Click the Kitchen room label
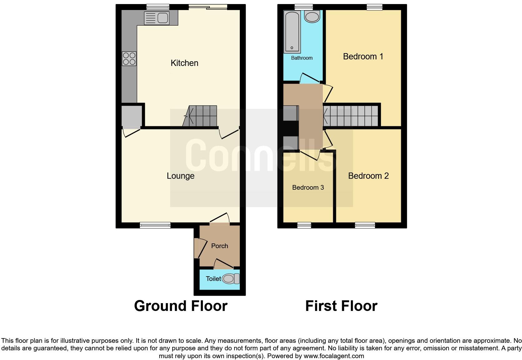(184, 63)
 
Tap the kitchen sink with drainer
(156, 18)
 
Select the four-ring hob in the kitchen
(129, 58)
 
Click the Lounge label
(180, 176)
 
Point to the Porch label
(219, 246)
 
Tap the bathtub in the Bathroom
(292, 32)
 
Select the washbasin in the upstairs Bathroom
(312, 17)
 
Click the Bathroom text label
(302, 58)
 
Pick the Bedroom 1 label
(363, 57)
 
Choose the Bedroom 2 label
(368, 176)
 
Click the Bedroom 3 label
(308, 187)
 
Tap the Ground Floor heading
(180, 306)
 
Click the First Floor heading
(341, 306)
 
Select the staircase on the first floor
(351, 116)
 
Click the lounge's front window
(155, 225)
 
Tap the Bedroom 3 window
(304, 225)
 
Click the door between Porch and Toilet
(224, 264)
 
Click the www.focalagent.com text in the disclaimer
(334, 356)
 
